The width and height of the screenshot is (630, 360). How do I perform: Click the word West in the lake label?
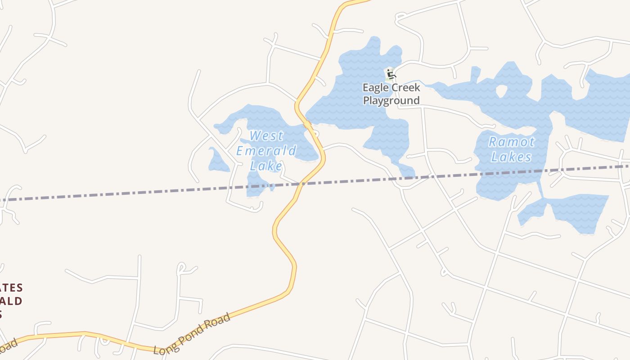tap(266, 135)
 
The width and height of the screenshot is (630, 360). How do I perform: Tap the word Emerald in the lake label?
tap(266, 151)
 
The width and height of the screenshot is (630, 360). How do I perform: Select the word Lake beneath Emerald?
tap(266, 166)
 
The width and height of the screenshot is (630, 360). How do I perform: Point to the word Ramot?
tap(512, 142)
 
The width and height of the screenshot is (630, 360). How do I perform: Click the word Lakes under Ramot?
tap(511, 157)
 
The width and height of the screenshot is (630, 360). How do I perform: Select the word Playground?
tap(391, 100)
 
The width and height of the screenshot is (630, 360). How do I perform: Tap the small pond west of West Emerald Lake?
tap(218, 161)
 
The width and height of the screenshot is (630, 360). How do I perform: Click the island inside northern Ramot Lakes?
tap(501, 91)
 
